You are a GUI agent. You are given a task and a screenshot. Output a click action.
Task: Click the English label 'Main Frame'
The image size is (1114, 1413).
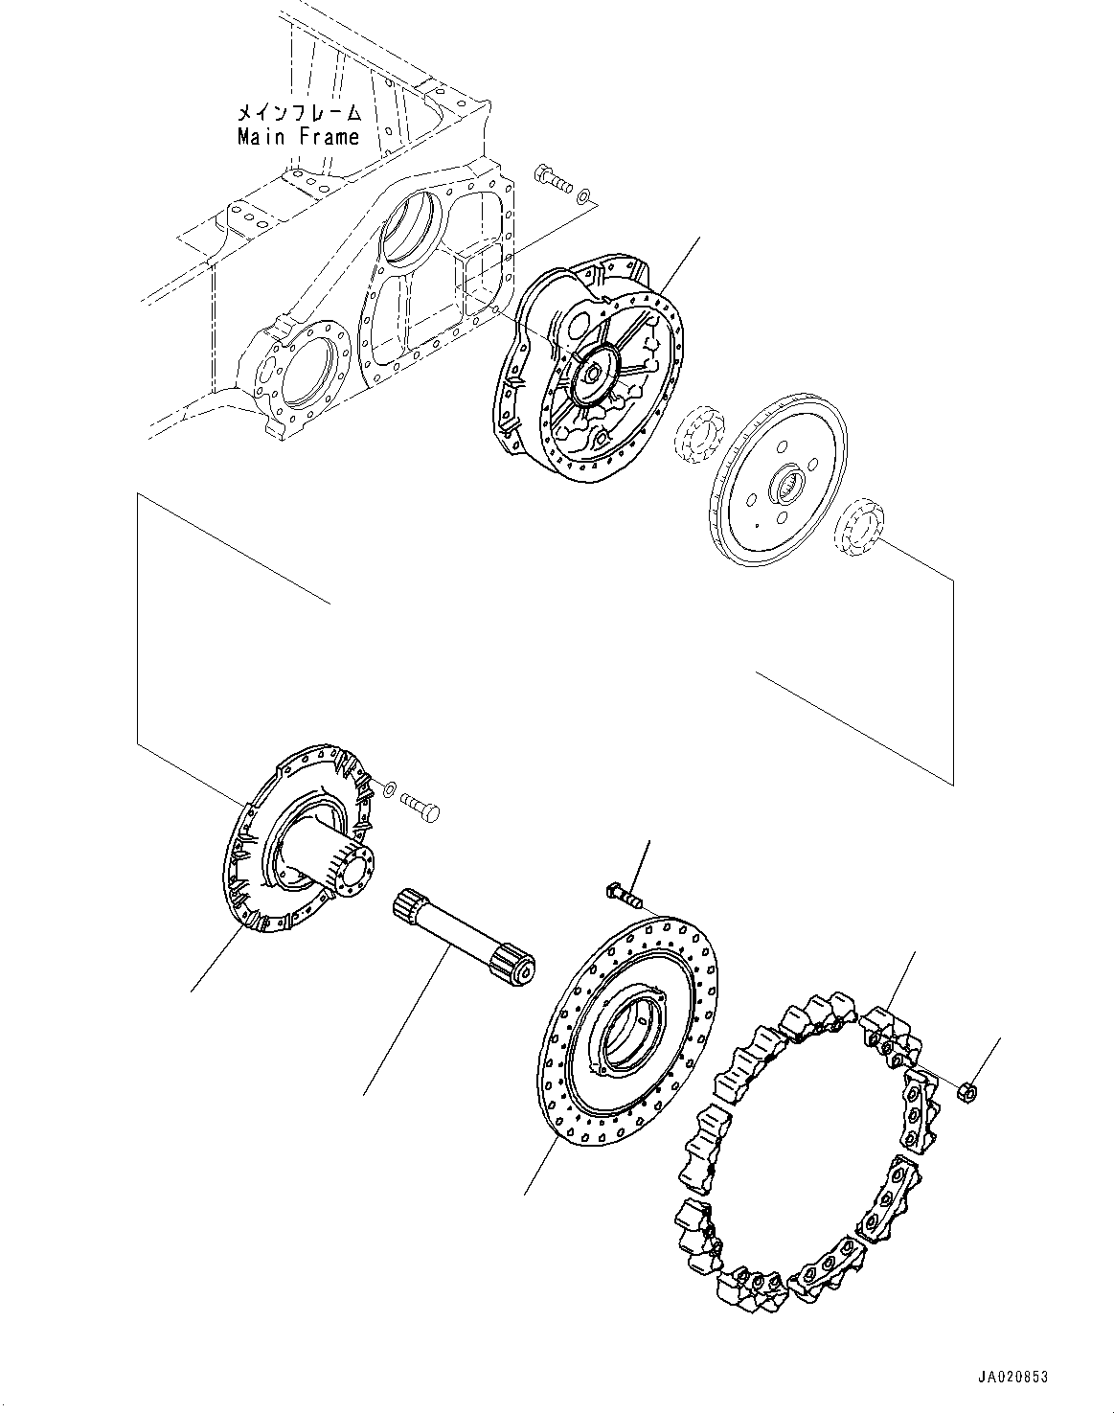pyautogui.click(x=298, y=137)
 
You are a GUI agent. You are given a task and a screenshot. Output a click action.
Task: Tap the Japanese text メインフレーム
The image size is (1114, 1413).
pyautogui.click(x=298, y=113)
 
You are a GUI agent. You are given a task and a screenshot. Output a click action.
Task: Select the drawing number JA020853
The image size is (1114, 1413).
pyautogui.click(x=1013, y=1377)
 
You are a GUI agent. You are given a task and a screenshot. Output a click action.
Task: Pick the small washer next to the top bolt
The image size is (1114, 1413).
pyautogui.click(x=583, y=197)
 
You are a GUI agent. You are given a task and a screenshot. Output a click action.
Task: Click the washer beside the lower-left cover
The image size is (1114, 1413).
pyautogui.click(x=387, y=788)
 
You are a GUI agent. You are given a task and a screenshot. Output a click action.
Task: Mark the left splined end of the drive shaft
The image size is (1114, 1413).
pyautogui.click(x=408, y=905)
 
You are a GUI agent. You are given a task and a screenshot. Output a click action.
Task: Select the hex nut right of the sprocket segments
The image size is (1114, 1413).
pyautogui.click(x=968, y=1091)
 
